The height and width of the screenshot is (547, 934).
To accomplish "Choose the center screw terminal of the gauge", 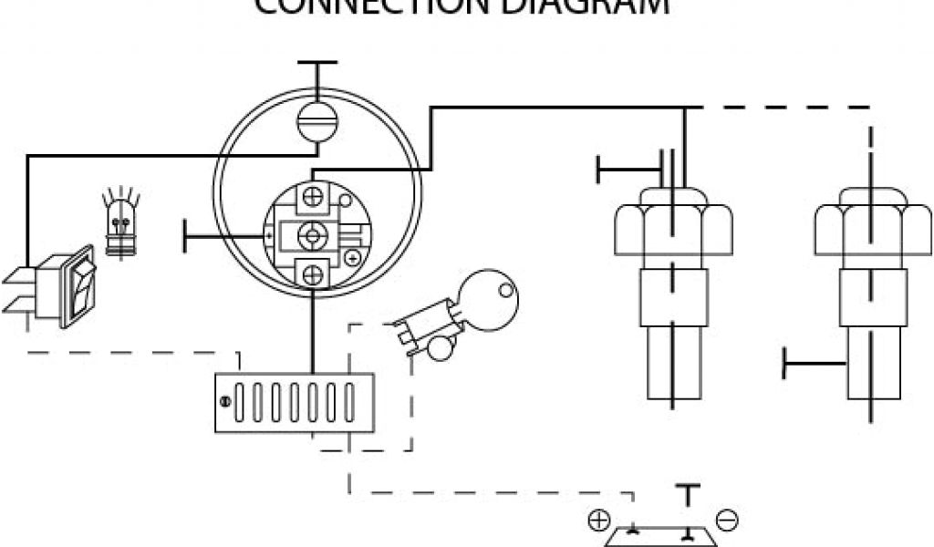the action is tap(313, 234).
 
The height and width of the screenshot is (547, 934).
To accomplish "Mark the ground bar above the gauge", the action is tap(317, 63).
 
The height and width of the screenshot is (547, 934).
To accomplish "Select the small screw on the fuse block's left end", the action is tap(224, 399).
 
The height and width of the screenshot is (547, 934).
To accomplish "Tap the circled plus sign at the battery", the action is tap(598, 521).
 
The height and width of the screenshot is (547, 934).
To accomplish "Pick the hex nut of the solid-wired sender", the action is tap(673, 223).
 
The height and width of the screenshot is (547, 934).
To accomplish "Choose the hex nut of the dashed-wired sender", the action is tap(873, 223).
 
